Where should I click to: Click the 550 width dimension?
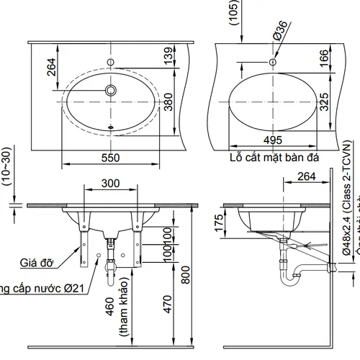coord(109,156)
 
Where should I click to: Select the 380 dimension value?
coord(168,105)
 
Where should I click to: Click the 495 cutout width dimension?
coord(272,140)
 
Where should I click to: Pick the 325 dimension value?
coord(324,102)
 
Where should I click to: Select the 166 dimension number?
coord(324,56)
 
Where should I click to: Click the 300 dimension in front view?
coord(111,184)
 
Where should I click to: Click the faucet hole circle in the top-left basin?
coord(112,90)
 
